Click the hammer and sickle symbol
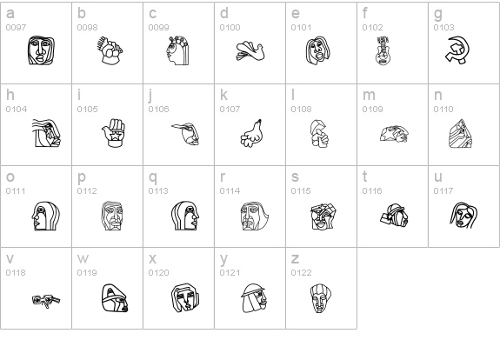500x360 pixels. (457, 50)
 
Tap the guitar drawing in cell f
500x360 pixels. (383, 50)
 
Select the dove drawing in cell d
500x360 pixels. (250, 50)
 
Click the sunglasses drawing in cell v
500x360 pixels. (46, 300)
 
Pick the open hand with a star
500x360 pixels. (114, 133)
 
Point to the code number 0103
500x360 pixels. (443, 28)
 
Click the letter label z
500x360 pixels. (295, 258)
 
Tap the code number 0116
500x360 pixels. (372, 190)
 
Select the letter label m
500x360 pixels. (369, 95)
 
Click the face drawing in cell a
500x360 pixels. (41, 50)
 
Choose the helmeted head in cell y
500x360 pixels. (254, 297)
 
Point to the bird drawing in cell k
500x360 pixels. (251, 133)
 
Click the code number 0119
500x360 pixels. (87, 273)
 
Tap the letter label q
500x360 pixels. (153, 177)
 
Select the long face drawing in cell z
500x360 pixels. (320, 298)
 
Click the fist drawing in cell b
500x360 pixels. (110, 50)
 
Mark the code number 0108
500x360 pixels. (301, 109)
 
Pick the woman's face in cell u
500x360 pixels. (463, 216)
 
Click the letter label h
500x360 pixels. (10, 95)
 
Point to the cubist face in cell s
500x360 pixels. (323, 217)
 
